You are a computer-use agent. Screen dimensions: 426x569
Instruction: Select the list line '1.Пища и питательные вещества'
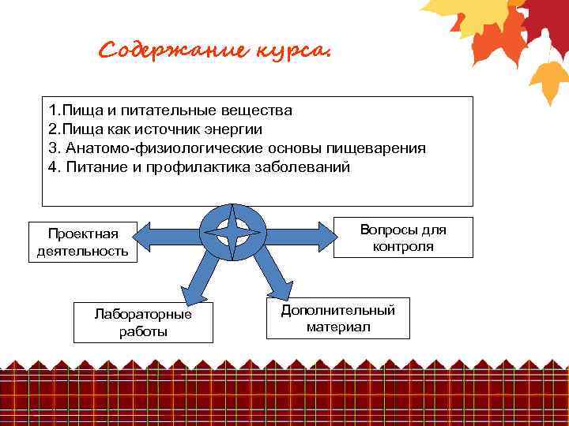[170, 110]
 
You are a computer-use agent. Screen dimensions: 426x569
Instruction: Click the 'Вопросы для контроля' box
[403, 237]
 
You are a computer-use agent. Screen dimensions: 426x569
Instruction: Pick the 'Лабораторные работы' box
[143, 323]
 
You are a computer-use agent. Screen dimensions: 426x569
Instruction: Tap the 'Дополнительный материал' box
[338, 318]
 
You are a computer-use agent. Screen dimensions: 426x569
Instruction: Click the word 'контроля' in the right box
[403, 246]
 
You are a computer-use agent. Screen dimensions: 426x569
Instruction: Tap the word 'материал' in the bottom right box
[338, 327]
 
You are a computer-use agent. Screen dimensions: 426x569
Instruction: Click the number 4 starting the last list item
[52, 167]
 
